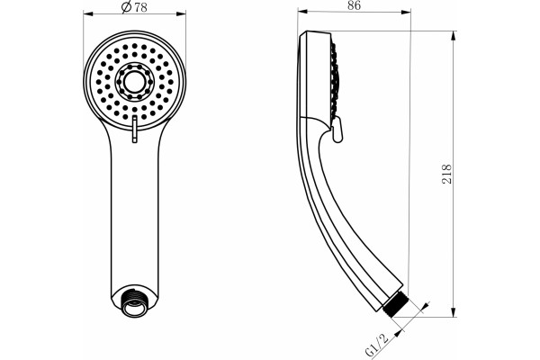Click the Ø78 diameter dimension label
[x=134, y=6]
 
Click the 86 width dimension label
[x=354, y=5]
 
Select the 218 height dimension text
[x=446, y=174]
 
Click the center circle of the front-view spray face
[x=134, y=82]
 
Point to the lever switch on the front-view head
[x=135, y=129]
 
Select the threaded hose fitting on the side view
[x=395, y=303]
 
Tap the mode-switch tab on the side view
[x=337, y=130]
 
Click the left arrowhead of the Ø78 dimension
[x=88, y=13]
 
